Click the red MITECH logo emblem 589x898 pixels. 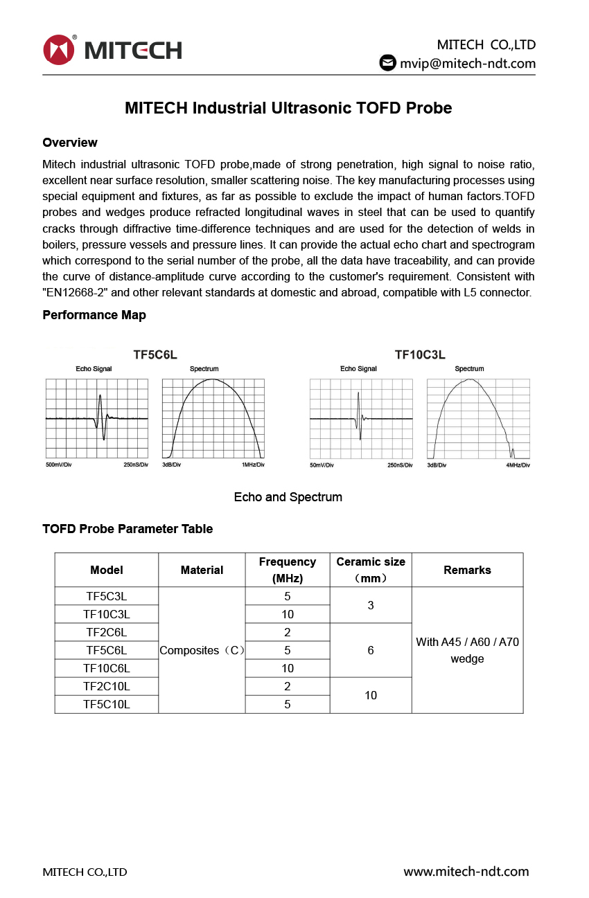pos(58,50)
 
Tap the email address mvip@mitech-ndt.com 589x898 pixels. pos(468,64)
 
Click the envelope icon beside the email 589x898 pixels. pos(387,63)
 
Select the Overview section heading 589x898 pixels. pos(70,143)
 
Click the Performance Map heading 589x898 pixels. pos(94,315)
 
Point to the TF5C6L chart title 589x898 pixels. pos(155,355)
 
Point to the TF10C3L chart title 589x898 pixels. pos(420,355)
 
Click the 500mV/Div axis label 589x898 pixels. pos(59,465)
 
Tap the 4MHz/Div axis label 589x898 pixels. pos(518,465)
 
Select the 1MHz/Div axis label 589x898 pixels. pos(253,465)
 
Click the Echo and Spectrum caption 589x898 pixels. pos(288,497)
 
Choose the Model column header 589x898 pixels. pos(107,570)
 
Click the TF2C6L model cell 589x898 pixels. pos(107,632)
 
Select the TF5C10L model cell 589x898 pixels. pos(107,704)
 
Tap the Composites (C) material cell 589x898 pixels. pos(202,650)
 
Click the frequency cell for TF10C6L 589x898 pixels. pos(288,668)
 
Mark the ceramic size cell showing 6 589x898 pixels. pos(371,650)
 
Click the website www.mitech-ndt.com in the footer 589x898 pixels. pos(466,872)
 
